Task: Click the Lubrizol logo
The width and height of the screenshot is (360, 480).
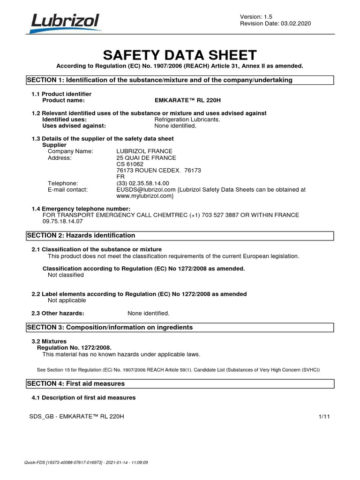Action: [x=65, y=22]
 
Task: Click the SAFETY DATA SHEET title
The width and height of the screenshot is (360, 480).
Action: [x=180, y=55]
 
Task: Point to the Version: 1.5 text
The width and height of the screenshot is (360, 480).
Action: [x=256, y=16]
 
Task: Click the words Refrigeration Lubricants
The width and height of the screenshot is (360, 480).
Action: [x=187, y=120]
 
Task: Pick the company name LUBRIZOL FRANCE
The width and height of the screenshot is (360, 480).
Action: [x=144, y=151]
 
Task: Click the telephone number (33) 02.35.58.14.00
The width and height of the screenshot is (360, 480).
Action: [x=142, y=183]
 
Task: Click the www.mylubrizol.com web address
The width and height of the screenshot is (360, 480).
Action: [x=145, y=196]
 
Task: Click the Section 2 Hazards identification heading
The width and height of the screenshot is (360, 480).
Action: [x=81, y=235]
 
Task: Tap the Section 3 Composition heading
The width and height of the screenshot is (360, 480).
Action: [x=110, y=327]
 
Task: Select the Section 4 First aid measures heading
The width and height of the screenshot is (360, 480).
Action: [x=76, y=383]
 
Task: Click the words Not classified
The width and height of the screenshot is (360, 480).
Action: [x=66, y=275]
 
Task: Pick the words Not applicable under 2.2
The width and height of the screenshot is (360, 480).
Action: [x=67, y=300]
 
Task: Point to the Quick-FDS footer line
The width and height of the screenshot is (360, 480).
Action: [x=86, y=462]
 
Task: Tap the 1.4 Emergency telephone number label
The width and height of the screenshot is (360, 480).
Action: [x=81, y=209]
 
